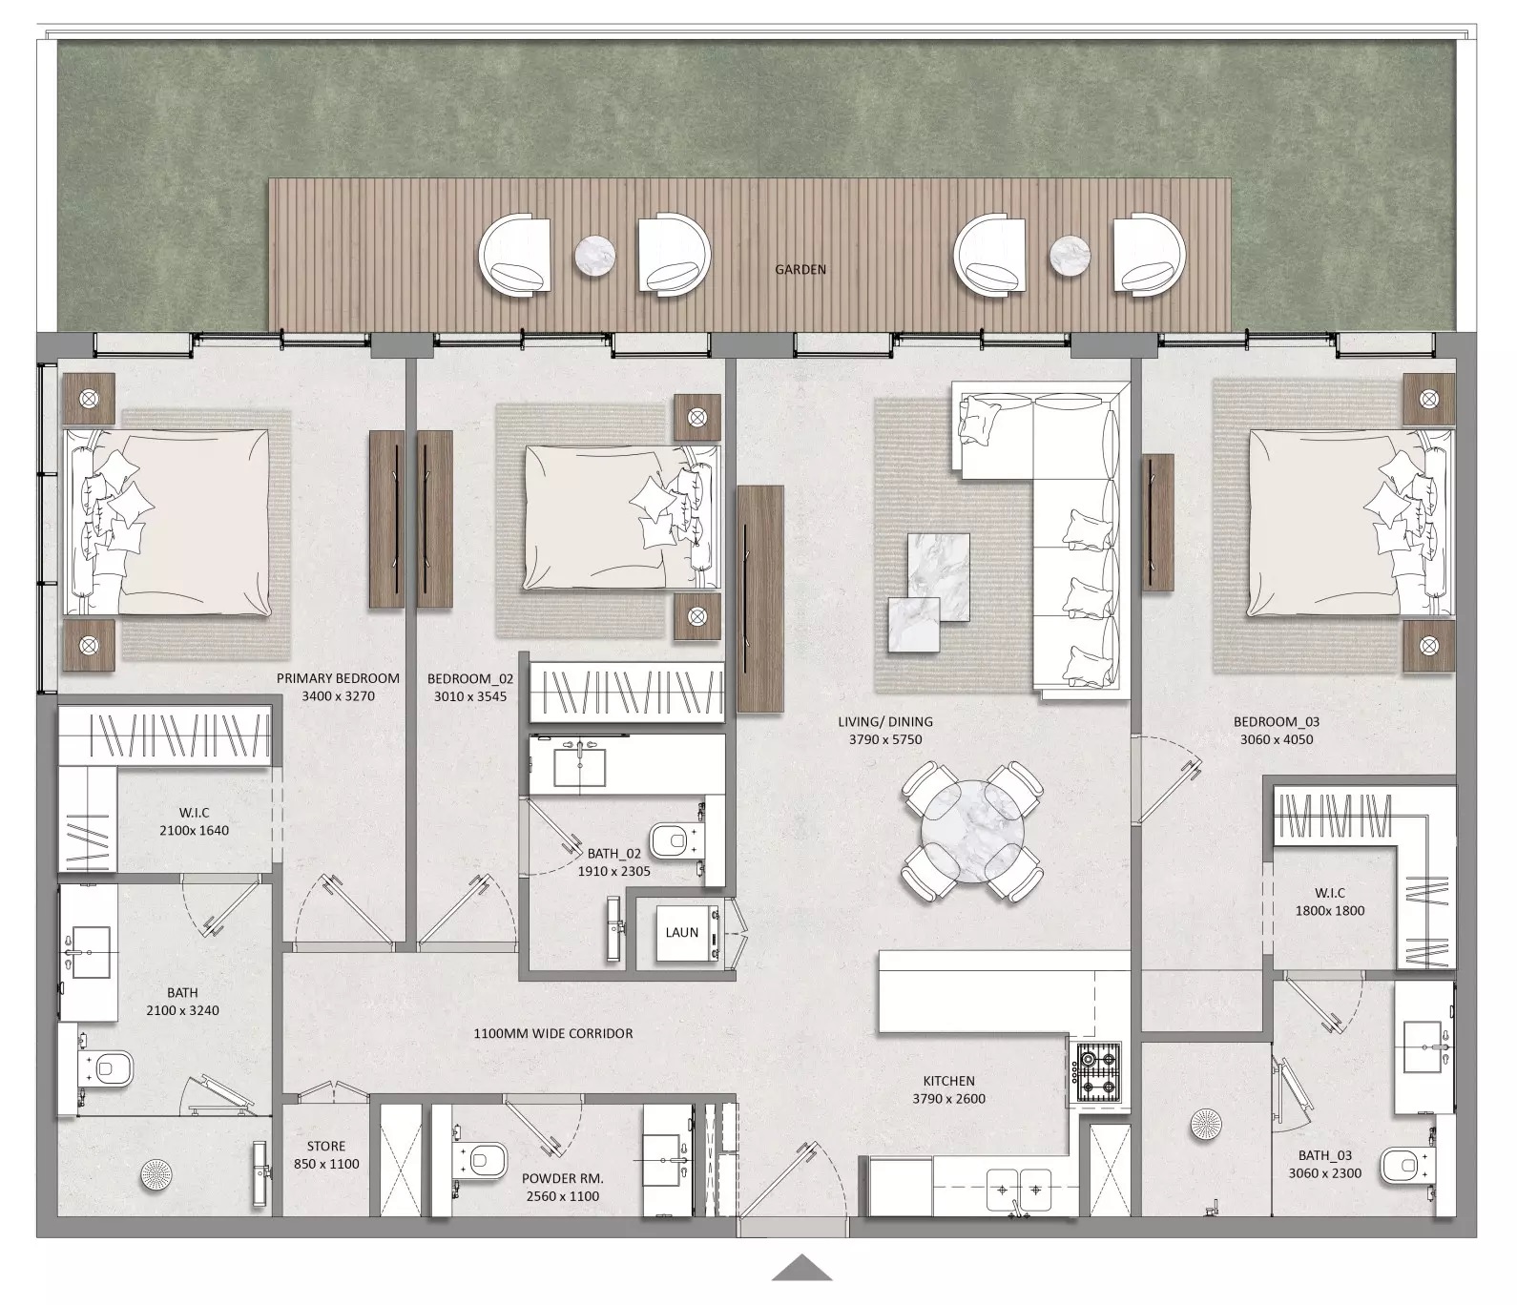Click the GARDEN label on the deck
[800, 270]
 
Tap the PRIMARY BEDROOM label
[338, 678]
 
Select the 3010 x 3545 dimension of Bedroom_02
[470, 696]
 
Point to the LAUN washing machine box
[682, 933]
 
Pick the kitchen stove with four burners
[1097, 1072]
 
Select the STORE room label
[326, 1146]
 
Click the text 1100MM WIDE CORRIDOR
[552, 1033]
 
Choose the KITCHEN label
[948, 1081]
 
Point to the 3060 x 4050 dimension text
[1276, 739]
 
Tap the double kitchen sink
[1017, 1189]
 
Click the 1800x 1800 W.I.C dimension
[1329, 910]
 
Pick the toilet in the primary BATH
[112, 1068]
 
